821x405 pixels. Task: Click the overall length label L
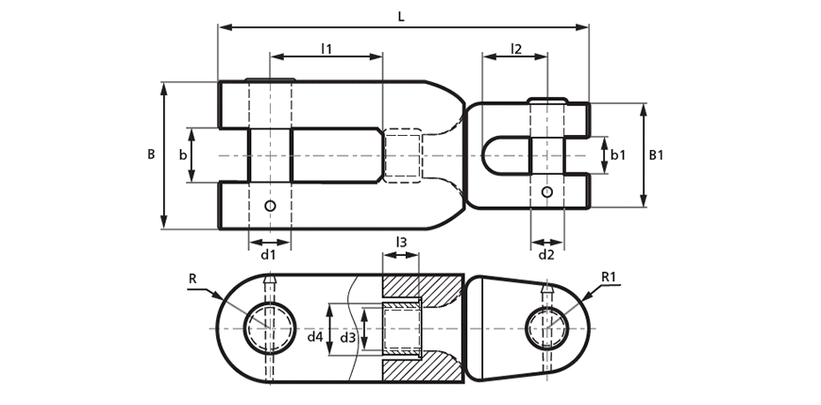tap(401, 16)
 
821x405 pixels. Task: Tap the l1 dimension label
tap(327, 49)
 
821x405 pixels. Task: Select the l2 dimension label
tap(516, 49)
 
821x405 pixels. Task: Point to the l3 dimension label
tap(401, 242)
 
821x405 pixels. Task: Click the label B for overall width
tap(151, 155)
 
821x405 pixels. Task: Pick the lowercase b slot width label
tap(183, 155)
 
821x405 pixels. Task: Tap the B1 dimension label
tap(656, 155)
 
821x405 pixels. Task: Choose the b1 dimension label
tap(619, 155)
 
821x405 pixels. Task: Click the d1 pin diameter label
tap(269, 255)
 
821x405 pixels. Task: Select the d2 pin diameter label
tap(546, 255)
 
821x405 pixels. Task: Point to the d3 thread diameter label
tap(347, 337)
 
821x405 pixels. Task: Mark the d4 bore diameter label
tap(314, 337)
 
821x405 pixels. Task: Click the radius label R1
tap(609, 278)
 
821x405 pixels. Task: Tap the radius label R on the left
tap(193, 278)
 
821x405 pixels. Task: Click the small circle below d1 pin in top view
tap(270, 206)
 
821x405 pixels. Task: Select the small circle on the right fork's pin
tap(546, 192)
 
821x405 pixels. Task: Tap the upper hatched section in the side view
tap(423, 287)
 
